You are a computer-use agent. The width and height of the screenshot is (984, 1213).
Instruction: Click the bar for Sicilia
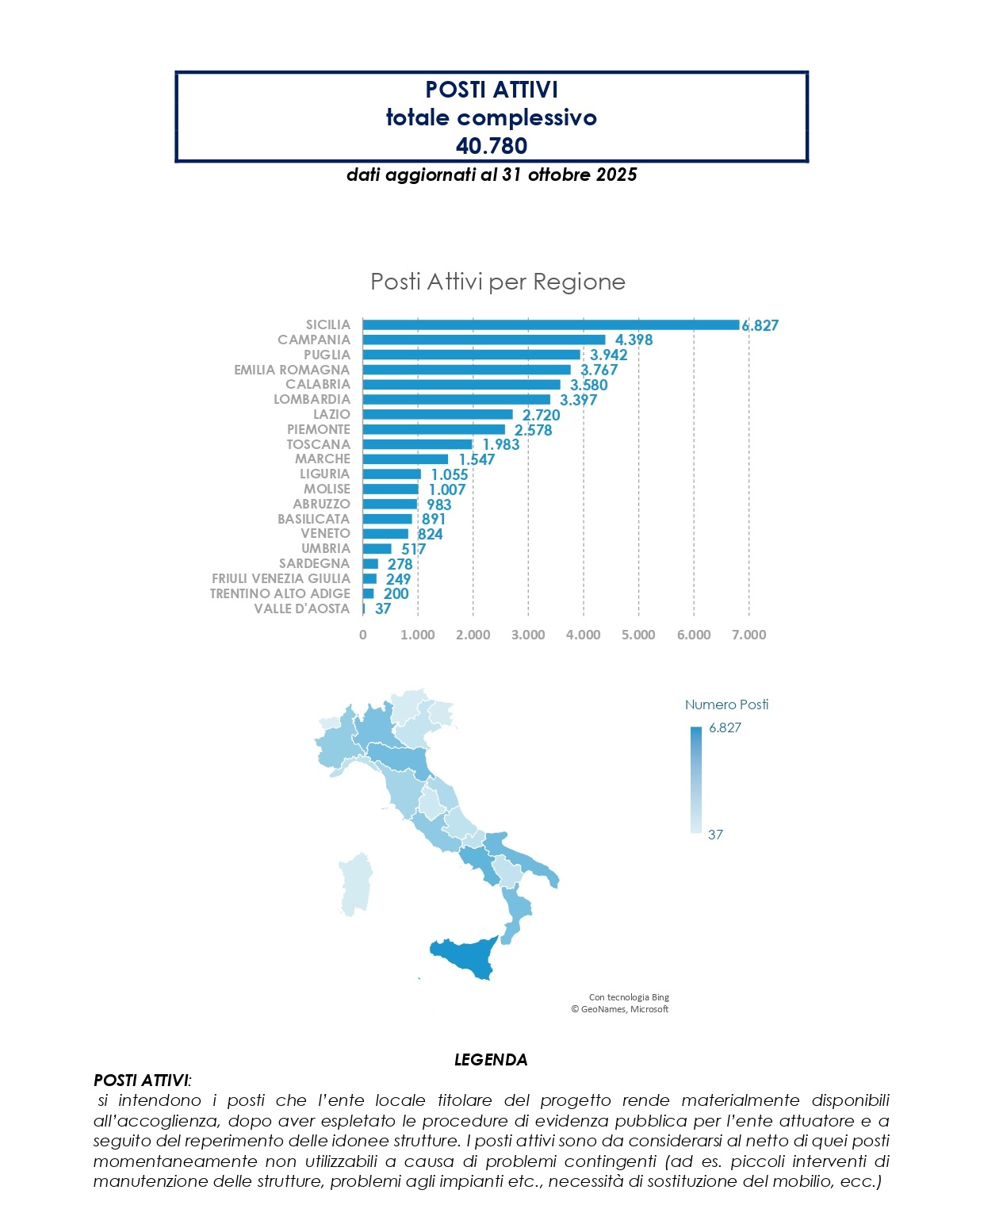click(x=550, y=324)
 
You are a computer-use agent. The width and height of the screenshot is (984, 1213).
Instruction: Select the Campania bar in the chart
click(x=484, y=340)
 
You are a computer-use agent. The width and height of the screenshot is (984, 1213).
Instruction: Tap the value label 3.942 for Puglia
click(x=608, y=355)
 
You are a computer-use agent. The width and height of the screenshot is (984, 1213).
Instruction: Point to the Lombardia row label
click(x=312, y=399)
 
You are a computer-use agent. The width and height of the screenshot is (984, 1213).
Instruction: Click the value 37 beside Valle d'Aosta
click(x=383, y=608)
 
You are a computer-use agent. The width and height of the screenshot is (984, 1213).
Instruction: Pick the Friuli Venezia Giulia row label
click(x=281, y=578)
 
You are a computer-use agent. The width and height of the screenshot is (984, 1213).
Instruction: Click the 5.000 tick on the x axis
click(x=638, y=635)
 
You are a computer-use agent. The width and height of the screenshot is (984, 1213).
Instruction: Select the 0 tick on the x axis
click(x=363, y=635)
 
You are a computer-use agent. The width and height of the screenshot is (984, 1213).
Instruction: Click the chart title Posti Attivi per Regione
click(x=498, y=282)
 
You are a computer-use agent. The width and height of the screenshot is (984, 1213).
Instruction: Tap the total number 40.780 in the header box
click(x=492, y=145)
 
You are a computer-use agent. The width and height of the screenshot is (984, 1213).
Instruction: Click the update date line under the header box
click(x=492, y=175)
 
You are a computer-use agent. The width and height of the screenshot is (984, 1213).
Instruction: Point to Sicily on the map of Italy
click(x=464, y=956)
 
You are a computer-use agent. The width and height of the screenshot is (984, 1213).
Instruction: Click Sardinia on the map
click(x=355, y=885)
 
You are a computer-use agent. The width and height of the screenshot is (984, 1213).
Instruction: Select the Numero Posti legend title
click(x=726, y=704)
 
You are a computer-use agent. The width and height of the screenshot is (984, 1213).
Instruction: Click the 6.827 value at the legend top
click(x=725, y=727)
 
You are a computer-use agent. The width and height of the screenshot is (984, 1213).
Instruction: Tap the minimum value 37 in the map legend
click(x=715, y=835)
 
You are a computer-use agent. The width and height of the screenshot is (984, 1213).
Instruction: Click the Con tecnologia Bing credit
click(x=629, y=997)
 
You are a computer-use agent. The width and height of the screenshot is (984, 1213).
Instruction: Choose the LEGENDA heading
click(x=491, y=1060)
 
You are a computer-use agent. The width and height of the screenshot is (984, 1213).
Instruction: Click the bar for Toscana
click(x=418, y=444)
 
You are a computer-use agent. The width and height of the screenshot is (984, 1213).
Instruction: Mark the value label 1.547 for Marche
click(x=477, y=459)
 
